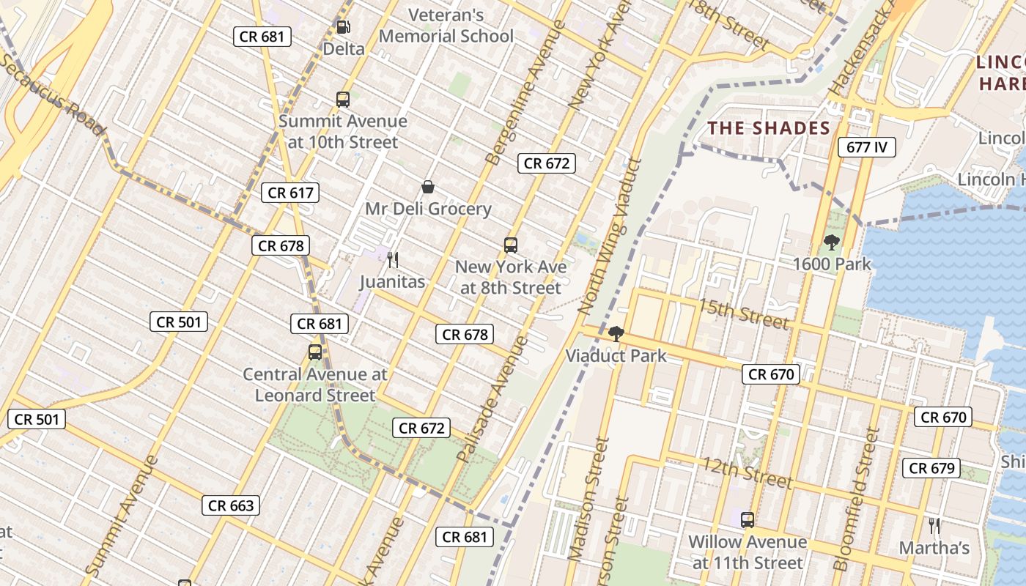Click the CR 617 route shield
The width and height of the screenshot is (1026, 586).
[x=290, y=193]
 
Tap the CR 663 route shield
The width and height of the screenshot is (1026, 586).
[x=231, y=505]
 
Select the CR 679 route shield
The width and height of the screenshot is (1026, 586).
[x=932, y=468]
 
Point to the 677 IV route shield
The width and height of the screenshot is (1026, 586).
[x=867, y=147]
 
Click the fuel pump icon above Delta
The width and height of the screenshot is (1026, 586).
[x=343, y=28]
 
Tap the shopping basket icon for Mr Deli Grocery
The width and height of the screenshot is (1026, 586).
[x=428, y=188]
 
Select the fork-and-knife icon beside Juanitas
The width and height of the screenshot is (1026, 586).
[x=393, y=260]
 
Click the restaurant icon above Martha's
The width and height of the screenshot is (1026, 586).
[x=934, y=525]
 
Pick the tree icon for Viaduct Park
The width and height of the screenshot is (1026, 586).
[x=616, y=334]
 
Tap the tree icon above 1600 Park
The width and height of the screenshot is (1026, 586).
[x=831, y=242]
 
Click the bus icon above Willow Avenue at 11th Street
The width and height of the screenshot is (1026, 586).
[x=748, y=520]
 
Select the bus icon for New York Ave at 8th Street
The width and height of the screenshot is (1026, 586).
[x=511, y=245]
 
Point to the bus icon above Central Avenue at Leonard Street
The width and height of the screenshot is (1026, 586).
[x=315, y=352]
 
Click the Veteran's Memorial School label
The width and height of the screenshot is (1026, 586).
[x=446, y=26]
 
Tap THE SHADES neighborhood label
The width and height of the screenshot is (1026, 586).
[x=769, y=128]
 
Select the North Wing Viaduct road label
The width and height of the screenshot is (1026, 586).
[x=610, y=238]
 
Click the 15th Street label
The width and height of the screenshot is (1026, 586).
[x=743, y=314]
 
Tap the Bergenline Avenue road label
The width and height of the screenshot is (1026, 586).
[x=526, y=92]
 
